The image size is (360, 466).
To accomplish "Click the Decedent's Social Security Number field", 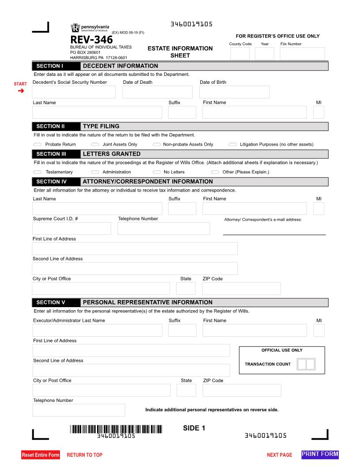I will coord(74,92).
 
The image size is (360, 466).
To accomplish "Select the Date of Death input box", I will coord(157,92).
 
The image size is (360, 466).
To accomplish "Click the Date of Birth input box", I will coord(234,92).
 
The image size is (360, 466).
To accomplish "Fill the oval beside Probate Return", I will coord(37,144).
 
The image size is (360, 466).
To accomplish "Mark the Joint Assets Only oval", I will coord(95,144).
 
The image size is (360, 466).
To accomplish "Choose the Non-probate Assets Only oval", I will coord(157,144).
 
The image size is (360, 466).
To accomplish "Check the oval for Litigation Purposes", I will coord(232,144).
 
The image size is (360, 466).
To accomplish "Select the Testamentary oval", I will coord(37,172).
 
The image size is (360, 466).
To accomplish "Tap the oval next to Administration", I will coord(95,172).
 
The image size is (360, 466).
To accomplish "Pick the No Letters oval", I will coord(157,172).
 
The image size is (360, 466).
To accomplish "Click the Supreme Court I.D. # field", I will coord(71,228).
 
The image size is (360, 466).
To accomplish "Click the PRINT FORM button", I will coord(320,454).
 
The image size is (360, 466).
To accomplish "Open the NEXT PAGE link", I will coord(279,455).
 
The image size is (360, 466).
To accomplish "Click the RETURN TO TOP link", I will coord(84,455).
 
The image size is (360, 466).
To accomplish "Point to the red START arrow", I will coord(20,91).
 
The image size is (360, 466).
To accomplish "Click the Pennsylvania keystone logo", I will coord(75,28).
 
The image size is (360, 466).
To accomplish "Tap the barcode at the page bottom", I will coord(116,428).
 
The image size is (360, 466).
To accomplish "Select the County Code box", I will coord(240,53).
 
